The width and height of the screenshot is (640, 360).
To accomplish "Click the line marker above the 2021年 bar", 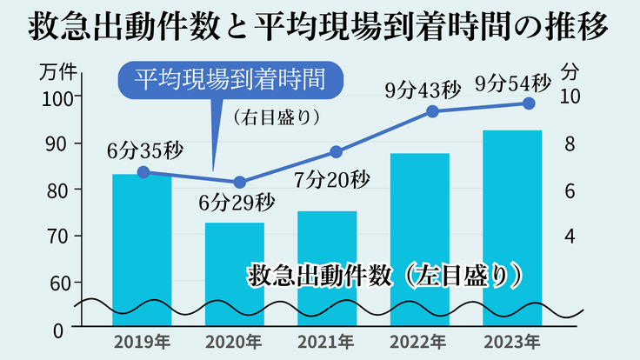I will [337, 152].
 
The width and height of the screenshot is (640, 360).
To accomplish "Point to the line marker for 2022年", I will [431, 111].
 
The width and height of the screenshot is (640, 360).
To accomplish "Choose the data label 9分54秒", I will [514, 83].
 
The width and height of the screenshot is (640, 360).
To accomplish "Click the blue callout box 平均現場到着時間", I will [230, 80].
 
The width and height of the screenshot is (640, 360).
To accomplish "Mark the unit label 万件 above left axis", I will [57, 72].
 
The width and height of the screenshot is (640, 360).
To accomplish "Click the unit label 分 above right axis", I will [570, 70].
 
